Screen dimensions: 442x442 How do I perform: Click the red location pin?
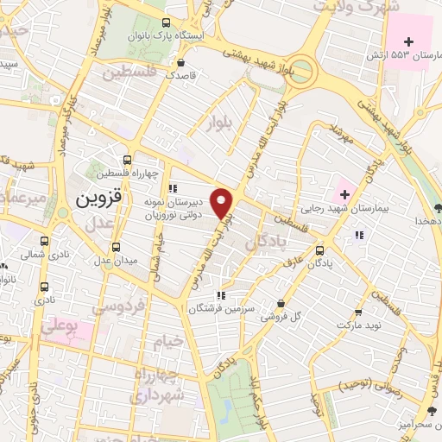pos(224,202)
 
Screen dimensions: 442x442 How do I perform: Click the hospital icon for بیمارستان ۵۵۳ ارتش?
pos(409,41)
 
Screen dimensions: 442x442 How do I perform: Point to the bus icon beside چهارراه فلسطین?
pos(127,160)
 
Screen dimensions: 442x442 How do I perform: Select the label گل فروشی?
pos(307,316)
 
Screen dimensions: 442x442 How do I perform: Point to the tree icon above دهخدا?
pos(439,207)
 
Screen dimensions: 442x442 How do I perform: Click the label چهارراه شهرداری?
pos(153,387)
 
